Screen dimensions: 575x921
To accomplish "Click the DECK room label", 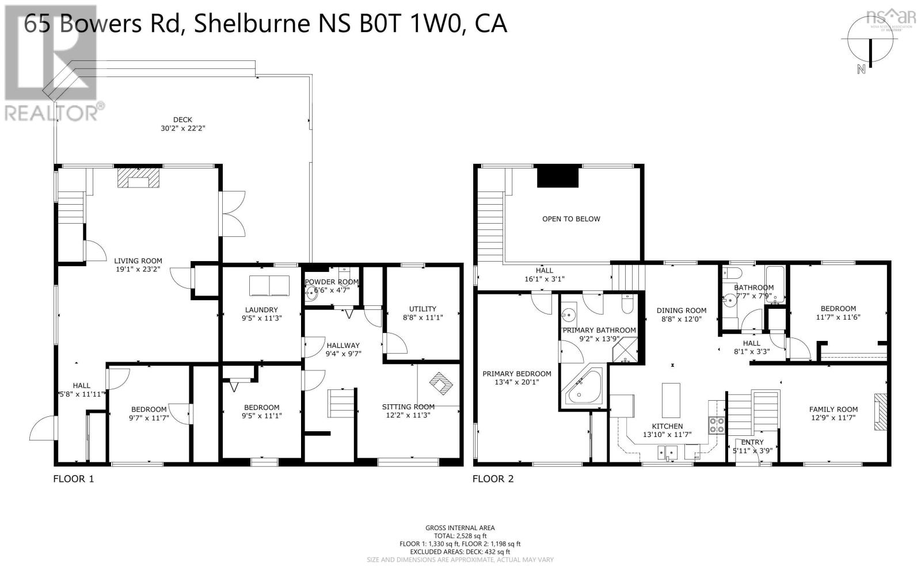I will pos(182,120).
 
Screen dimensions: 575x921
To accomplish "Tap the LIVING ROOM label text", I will pos(138,260).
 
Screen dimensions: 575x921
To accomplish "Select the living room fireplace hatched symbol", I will pos(138,178).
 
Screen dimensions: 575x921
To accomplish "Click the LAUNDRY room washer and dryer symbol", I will pos(269,285).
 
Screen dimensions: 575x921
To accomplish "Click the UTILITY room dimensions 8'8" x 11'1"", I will pos(423,317).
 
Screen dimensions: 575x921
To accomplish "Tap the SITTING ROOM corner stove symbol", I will pos(443,384).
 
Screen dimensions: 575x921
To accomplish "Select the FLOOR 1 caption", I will pos(73,479).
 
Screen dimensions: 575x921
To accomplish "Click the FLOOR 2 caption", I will pos(493,479).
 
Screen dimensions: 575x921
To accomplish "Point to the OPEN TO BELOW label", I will pos(571,218).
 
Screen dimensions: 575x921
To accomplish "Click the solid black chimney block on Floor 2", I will pos(558,176).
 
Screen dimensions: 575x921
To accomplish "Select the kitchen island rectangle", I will pos(671,400).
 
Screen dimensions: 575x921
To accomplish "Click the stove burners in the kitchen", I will pos(717,425).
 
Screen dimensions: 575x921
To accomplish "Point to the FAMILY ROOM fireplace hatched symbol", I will pos(881,412).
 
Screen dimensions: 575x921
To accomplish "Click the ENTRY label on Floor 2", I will pos(752,442).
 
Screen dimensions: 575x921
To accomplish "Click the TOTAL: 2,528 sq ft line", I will pos(460,535).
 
